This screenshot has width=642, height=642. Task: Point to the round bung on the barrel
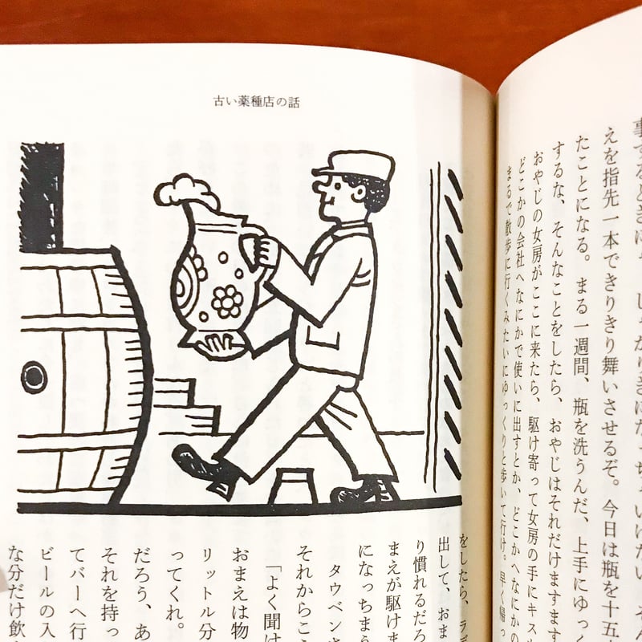34,376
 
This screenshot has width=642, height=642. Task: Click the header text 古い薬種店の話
254,102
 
